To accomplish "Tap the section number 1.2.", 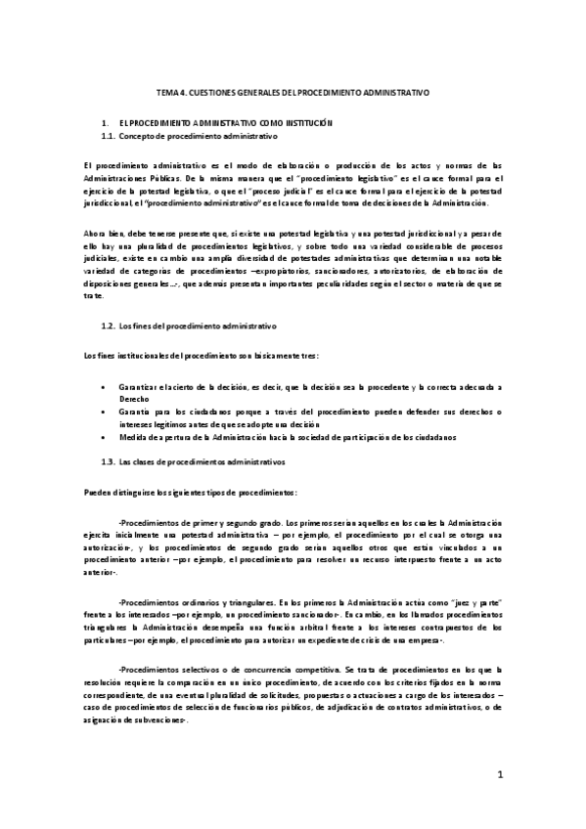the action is click(x=109, y=324).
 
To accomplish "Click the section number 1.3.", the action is click(x=109, y=459).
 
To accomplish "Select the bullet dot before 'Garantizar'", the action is click(x=106, y=387).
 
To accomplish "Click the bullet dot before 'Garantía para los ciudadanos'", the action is click(x=106, y=413).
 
